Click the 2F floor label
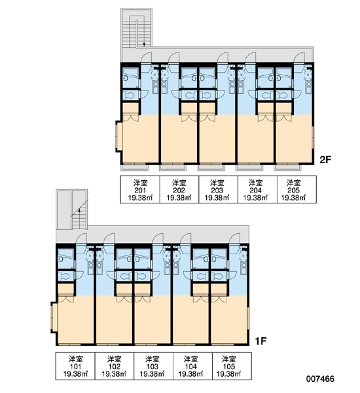click(325, 159)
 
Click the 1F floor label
click(261, 341)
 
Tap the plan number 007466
click(320, 379)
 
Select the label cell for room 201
click(140, 189)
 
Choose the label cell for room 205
click(297, 189)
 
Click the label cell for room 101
click(75, 366)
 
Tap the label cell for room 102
click(115, 366)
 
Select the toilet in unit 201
click(130, 96)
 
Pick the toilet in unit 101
click(65, 276)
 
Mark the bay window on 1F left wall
click(52, 317)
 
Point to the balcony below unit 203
click(211, 167)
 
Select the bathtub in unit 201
click(130, 78)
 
